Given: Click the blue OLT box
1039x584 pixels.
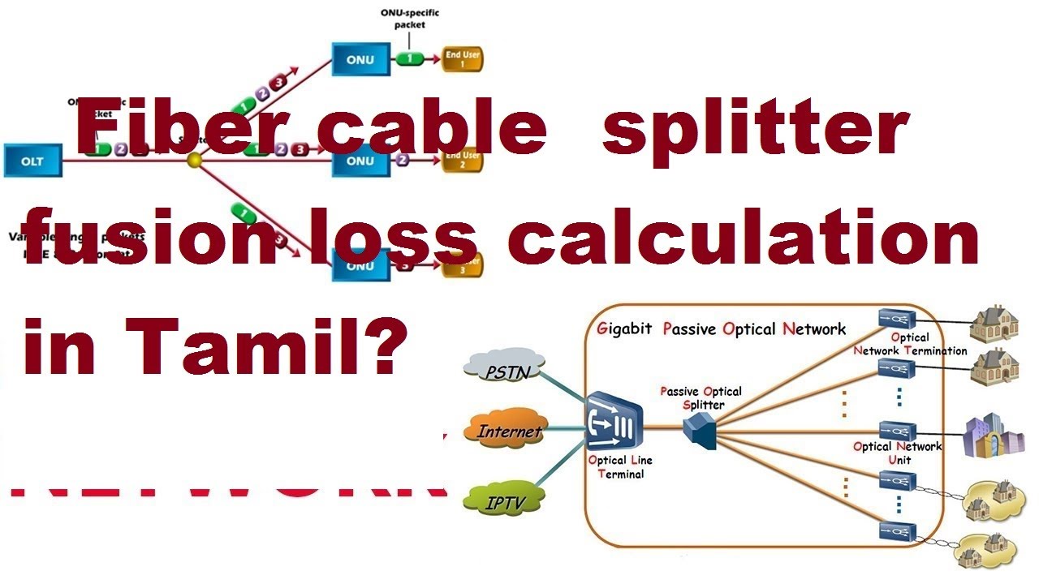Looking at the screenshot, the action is tap(33, 161).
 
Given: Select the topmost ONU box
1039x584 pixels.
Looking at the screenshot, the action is tap(360, 59).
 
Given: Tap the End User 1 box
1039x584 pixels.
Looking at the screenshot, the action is tap(463, 59).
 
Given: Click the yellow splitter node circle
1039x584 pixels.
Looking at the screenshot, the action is tap(194, 161).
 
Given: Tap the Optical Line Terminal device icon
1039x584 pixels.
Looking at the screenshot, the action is tap(614, 421).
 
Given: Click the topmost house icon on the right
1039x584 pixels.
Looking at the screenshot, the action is tap(995, 320).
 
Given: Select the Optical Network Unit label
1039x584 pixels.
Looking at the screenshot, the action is tap(897, 453).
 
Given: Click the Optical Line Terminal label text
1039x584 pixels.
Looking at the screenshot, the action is tap(619, 466).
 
